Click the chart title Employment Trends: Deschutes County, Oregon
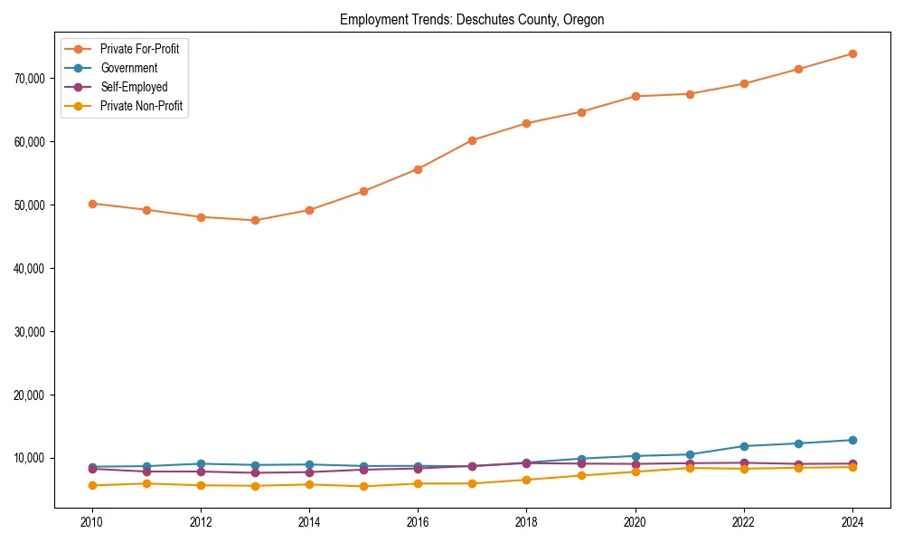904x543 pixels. pyautogui.click(x=471, y=19)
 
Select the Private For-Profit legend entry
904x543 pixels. pyautogui.click(x=139, y=49)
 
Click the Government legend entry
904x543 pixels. pyautogui.click(x=128, y=68)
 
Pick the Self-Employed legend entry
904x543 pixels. pyautogui.click(x=134, y=87)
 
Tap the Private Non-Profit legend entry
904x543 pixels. pyautogui.click(x=141, y=106)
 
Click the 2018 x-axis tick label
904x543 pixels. pyautogui.click(x=526, y=522)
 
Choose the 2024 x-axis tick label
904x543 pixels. pyautogui.click(x=852, y=522)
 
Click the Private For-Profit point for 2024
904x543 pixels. pyautogui.click(x=852, y=53)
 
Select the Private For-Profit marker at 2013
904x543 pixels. pyautogui.click(x=255, y=220)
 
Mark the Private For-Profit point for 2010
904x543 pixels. pyautogui.click(x=91, y=204)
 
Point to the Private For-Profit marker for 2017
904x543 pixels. pyautogui.click(x=472, y=140)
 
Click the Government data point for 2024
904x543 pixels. pyautogui.click(x=852, y=440)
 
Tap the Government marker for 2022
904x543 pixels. pyautogui.click(x=744, y=446)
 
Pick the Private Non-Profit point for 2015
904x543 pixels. pyautogui.click(x=363, y=486)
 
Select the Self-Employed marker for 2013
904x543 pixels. pyautogui.click(x=255, y=472)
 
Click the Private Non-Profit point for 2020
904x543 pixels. pyautogui.click(x=636, y=472)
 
